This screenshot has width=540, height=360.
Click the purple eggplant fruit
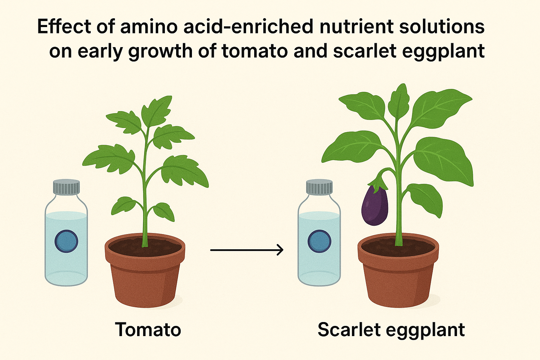[375, 207]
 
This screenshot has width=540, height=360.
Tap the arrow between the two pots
[246, 250]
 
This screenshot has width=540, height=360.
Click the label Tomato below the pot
[148, 330]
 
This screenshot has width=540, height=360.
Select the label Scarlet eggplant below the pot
[391, 330]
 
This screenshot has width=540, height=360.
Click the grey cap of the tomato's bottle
[66, 187]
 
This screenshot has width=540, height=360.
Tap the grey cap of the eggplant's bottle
[319, 187]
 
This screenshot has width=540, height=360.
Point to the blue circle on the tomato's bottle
[66, 241]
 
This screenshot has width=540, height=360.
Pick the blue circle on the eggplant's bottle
[319, 241]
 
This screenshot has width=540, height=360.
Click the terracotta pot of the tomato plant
[145, 278]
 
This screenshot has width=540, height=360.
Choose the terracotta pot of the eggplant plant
[398, 278]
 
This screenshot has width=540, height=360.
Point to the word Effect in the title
[64, 27]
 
